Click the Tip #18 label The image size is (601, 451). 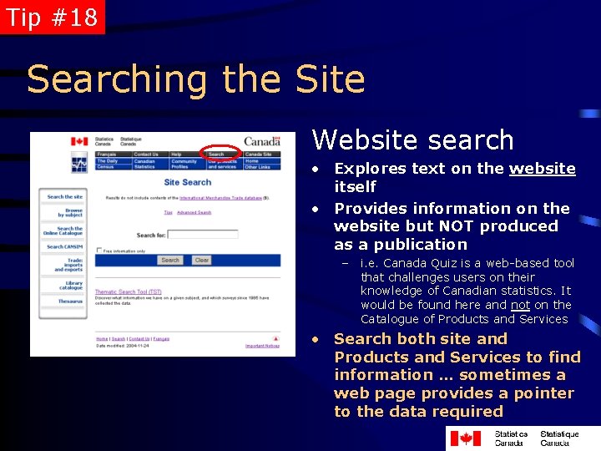coord(52,17)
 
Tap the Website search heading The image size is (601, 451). coord(412,139)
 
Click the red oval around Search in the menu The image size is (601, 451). coord(220,154)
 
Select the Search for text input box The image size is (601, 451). coord(203,236)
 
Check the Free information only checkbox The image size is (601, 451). coord(99,251)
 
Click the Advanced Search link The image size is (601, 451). coord(194,213)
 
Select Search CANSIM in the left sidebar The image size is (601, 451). coord(65,247)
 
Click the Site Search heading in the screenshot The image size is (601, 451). coord(188,182)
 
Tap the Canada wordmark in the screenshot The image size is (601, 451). coord(262,141)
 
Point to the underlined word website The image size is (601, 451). coord(543,169)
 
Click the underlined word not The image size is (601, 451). coord(520,305)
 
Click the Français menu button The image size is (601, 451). coord(107,155)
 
